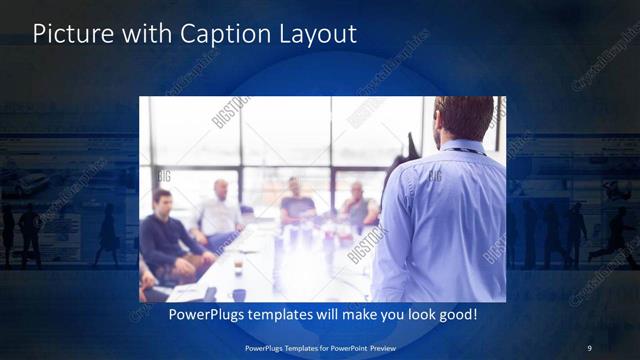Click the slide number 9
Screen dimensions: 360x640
click(589, 347)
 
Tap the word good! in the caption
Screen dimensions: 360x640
click(456, 314)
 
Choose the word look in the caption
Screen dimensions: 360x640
click(409, 314)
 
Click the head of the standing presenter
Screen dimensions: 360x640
click(462, 119)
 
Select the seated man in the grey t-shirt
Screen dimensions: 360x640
click(296, 203)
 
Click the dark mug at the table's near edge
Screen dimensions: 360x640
click(239, 295)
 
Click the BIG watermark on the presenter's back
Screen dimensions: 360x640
click(435, 176)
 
